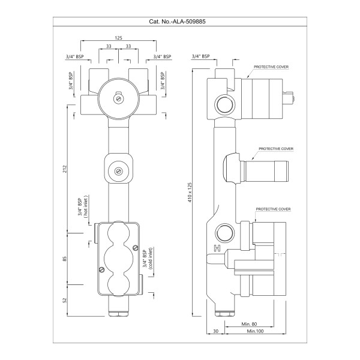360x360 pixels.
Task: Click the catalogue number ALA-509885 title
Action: (179, 22)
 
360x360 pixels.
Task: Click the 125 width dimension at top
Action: (119, 38)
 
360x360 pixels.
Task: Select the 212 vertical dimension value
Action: (65, 170)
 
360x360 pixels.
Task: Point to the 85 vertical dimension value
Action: (65, 259)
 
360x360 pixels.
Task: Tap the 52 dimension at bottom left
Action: (65, 300)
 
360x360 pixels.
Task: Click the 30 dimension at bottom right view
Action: (215, 331)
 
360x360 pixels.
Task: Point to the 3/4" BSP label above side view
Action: (200, 56)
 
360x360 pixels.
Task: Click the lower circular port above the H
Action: (226, 232)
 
